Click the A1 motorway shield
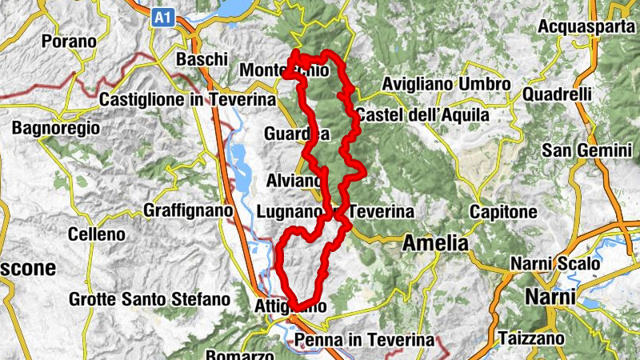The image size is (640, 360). point(163,15)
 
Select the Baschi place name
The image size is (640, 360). point(202,60)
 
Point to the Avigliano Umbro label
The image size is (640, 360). point(446,84)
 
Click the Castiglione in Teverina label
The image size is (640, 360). point(186,100)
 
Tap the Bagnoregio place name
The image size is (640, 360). point(56,127)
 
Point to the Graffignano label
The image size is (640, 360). point(187,210)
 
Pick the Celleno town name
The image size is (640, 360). point(97,234)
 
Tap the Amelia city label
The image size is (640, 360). point(436,242)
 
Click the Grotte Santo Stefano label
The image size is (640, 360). point(150,300)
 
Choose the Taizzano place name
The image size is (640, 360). point(530,338)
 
